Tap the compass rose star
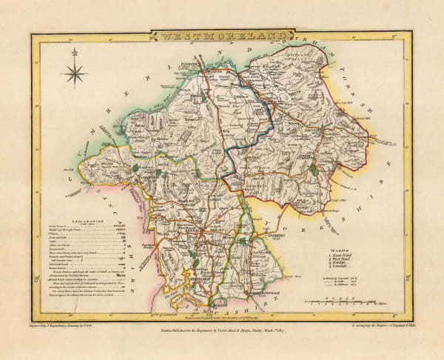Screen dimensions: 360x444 (x=74, y=73)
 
